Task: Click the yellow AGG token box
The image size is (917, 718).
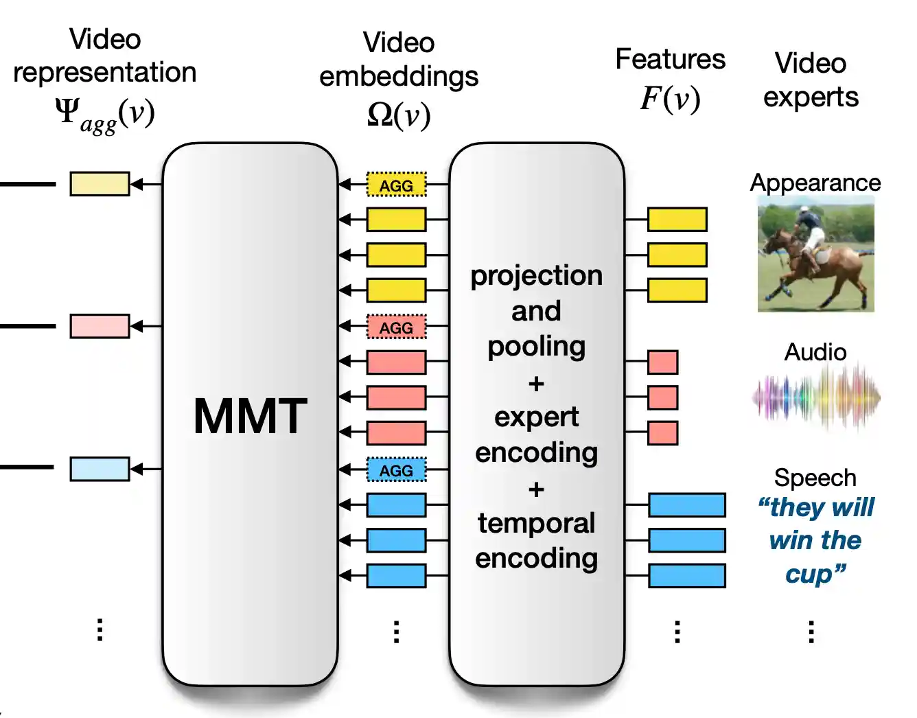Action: (x=396, y=185)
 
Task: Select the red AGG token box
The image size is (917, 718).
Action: (x=396, y=327)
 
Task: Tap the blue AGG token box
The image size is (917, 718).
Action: (x=396, y=470)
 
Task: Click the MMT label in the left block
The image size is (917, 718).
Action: (x=250, y=416)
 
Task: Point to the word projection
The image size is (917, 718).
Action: (x=536, y=275)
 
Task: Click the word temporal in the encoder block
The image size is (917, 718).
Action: (x=536, y=523)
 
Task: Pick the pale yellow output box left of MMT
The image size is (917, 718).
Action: (x=100, y=184)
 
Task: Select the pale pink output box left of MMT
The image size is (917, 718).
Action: (x=100, y=326)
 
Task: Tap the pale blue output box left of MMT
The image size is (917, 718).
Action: (x=100, y=469)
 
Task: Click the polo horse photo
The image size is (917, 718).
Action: (x=815, y=254)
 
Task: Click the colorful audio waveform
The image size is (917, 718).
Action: (x=815, y=397)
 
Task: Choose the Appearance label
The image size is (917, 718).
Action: (x=815, y=183)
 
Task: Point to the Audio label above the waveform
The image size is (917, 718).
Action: (x=815, y=352)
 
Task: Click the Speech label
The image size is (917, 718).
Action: (x=815, y=478)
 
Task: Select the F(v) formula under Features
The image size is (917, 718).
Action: (x=670, y=98)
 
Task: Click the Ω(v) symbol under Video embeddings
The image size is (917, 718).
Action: (x=399, y=114)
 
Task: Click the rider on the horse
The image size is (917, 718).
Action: (x=810, y=227)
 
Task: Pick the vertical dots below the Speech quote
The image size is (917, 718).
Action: (x=811, y=632)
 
